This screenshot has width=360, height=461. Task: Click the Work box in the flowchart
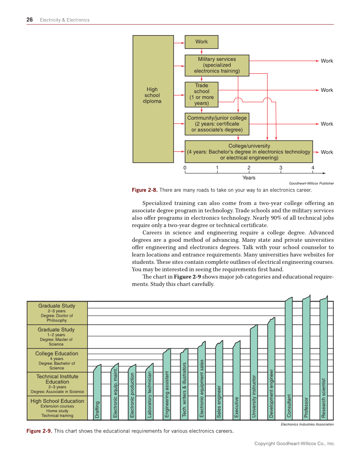pyautogui.click(x=202, y=42)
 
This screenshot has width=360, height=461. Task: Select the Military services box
pyautogui.click(x=217, y=65)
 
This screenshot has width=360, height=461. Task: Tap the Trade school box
pyautogui.click(x=201, y=94)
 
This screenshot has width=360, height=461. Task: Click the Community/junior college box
pyautogui.click(x=217, y=123)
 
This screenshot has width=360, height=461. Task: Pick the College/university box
pyautogui.click(x=249, y=151)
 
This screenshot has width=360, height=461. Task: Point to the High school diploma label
pyautogui.click(x=152, y=95)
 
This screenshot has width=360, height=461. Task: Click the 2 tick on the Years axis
pyautogui.click(x=249, y=168)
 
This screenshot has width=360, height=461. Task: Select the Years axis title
pyautogui.click(x=249, y=178)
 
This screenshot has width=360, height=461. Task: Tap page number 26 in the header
pyautogui.click(x=30, y=20)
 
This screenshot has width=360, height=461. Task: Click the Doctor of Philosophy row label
pyautogui.click(x=57, y=313)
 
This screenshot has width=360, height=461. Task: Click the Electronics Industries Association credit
pyautogui.click(x=307, y=424)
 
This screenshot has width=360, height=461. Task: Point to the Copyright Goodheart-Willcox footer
pyautogui.click(x=294, y=444)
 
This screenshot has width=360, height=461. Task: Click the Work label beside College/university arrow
pyautogui.click(x=327, y=152)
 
